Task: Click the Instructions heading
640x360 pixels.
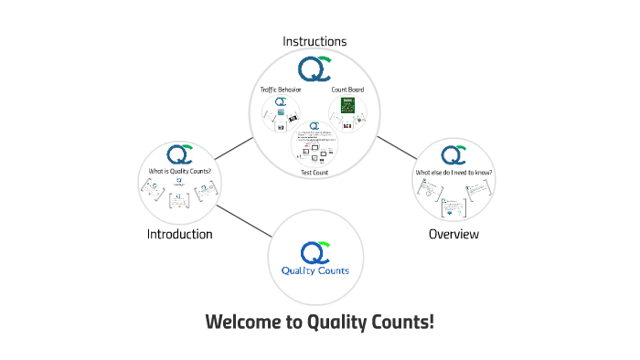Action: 315,41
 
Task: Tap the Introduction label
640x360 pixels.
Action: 179,234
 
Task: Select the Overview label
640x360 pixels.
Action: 453,234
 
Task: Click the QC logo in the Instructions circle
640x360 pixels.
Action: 315,69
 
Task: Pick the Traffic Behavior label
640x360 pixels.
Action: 281,90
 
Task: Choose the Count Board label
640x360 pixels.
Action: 347,90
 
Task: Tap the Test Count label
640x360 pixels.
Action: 315,172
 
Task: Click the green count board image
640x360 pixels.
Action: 347,106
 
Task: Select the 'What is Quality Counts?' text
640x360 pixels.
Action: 179,170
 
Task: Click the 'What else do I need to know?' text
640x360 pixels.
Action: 453,172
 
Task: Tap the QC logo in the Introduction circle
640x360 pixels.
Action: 179,154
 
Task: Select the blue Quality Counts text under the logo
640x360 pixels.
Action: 315,270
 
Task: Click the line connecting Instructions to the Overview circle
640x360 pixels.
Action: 396,149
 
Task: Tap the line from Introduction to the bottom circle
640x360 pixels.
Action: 242,218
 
